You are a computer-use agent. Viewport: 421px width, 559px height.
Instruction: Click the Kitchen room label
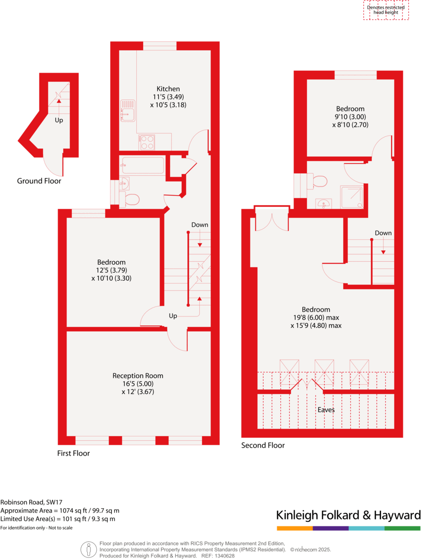coord(168,89)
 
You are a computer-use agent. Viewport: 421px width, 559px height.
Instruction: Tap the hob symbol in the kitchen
coord(147,142)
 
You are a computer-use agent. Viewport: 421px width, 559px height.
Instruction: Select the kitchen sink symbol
coord(127,110)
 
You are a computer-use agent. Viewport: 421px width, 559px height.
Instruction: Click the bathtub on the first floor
coord(142,166)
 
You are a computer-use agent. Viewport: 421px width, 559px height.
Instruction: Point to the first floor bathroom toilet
coord(130,198)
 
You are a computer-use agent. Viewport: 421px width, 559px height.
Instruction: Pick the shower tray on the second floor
coord(352,197)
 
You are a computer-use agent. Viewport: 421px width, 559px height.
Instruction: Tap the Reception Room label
coord(138,376)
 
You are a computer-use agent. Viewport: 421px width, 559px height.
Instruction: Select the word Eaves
coord(326,410)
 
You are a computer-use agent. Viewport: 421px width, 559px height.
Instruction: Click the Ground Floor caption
coord(39,181)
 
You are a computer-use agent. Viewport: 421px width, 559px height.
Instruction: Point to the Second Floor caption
coord(263,445)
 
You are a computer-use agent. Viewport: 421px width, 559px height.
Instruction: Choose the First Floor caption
coord(73,454)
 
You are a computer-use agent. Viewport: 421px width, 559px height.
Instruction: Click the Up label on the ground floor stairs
coord(59,120)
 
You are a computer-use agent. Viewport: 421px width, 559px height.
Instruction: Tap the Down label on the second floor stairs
coord(383,233)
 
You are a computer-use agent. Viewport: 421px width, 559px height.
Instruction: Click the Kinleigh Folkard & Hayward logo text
coord(348,515)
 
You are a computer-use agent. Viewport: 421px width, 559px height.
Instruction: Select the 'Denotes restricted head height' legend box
coord(386,10)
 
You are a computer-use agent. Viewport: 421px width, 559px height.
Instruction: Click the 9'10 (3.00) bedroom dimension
coord(350,117)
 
